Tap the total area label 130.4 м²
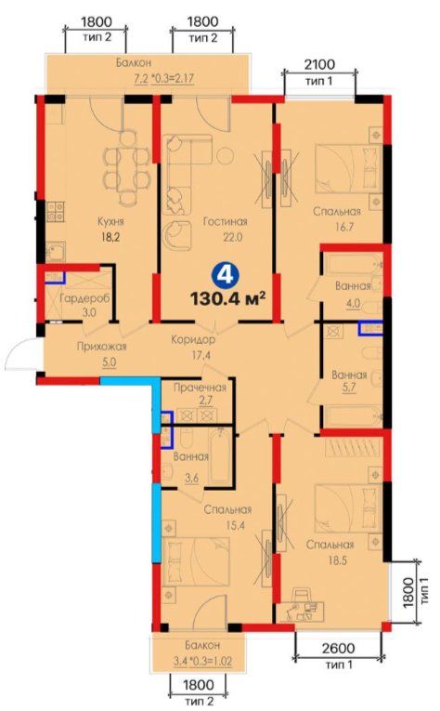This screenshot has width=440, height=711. point(227,298)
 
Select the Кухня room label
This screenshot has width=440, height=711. point(110,221)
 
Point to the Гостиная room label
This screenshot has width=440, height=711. point(225,221)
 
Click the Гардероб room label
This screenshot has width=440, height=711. point(84,299)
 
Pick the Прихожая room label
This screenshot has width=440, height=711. point(101,347)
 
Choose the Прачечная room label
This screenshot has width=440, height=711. point(201,388)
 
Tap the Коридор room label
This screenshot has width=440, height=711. point(193,339)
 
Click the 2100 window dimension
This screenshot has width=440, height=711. point(319,64)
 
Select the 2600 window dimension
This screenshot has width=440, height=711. point(339,649)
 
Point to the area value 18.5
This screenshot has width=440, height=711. point(337,560)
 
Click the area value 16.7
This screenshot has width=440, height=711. point(344,227)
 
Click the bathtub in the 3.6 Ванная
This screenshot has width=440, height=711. point(220,455)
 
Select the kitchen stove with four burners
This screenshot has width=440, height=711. point(55,212)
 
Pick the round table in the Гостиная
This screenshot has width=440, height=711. point(224,155)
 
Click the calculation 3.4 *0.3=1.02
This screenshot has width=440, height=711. point(202,661)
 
